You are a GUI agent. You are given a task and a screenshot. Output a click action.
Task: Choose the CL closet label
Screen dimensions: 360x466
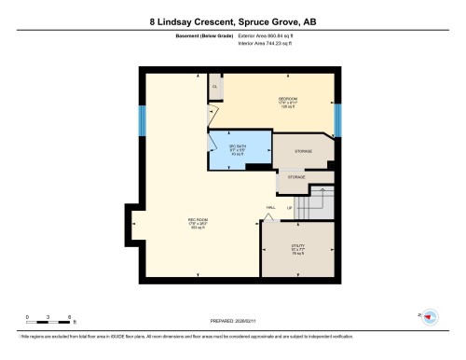(x=214, y=87)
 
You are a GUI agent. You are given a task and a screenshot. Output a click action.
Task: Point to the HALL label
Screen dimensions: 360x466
(x=270, y=207)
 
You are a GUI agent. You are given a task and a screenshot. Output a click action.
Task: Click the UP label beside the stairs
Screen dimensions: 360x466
(x=290, y=207)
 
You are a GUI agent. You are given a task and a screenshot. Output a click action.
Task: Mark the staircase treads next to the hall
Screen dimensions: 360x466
(x=313, y=204)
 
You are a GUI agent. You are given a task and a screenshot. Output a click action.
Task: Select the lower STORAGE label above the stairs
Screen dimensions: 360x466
(x=296, y=175)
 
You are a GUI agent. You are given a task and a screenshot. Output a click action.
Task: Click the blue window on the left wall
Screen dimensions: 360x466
(x=142, y=119)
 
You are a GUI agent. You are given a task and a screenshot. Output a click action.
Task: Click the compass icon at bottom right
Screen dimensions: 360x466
(x=430, y=318)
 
